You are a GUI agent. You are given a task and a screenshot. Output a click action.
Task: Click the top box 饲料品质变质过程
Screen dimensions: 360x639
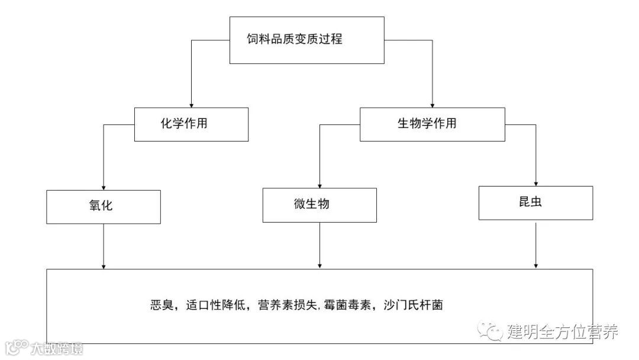[x=306, y=40]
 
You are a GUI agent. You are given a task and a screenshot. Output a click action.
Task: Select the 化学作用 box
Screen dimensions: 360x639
[x=191, y=124]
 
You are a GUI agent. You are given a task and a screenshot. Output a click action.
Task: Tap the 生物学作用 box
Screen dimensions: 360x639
[x=432, y=124]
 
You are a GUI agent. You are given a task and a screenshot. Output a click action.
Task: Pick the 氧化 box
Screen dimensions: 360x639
[x=104, y=207]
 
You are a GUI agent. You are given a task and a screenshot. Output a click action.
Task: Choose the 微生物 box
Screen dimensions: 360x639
[x=319, y=205]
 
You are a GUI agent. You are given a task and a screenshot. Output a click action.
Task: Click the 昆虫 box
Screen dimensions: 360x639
[x=535, y=202]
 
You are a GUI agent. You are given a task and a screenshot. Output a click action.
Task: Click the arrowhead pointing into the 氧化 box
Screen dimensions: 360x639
[x=104, y=187]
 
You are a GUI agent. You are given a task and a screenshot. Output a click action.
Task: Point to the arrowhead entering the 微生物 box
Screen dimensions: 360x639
[x=319, y=185]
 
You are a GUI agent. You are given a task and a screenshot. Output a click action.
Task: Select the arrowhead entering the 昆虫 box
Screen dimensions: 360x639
[x=535, y=182]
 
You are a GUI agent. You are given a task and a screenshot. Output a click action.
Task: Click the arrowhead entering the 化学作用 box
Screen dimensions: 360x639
[x=191, y=104]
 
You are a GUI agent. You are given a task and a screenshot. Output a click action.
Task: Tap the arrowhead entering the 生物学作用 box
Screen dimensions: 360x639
[x=432, y=104]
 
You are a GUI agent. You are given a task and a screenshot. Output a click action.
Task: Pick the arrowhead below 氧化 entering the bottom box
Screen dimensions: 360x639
[x=104, y=265]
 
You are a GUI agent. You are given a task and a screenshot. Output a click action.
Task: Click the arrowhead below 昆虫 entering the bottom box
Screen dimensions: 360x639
[x=535, y=265]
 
